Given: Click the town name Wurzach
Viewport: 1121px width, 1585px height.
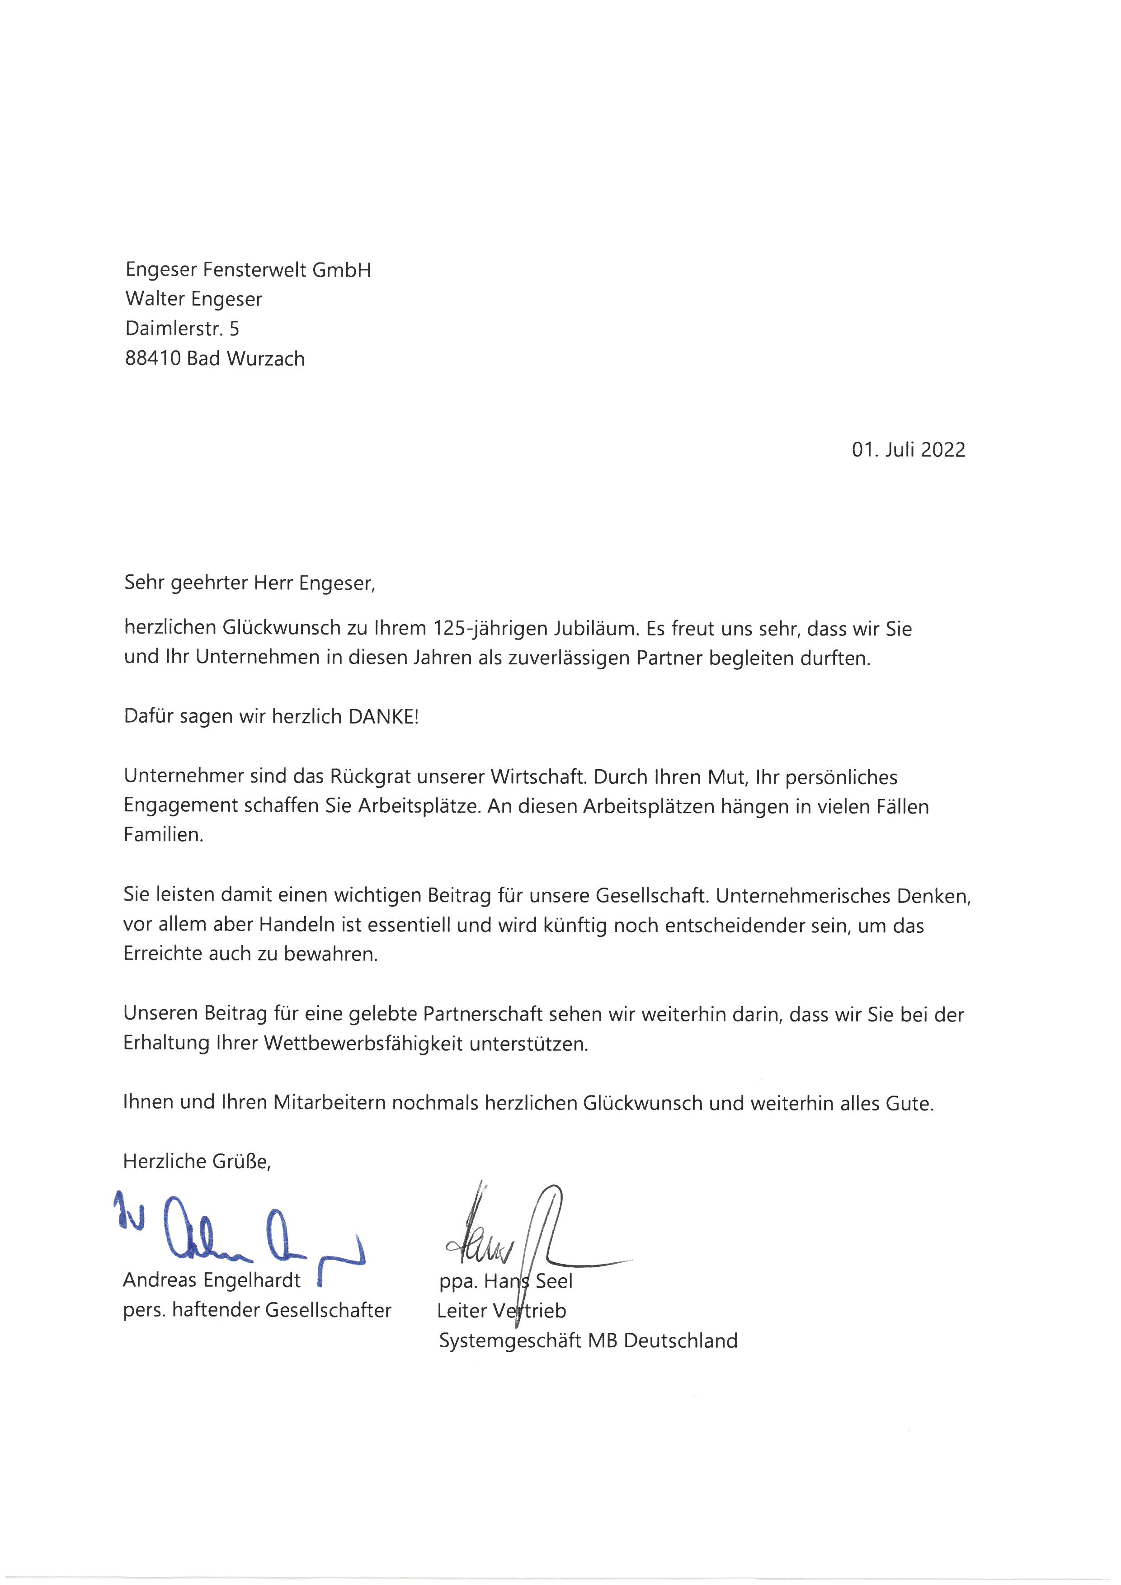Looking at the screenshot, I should [x=266, y=359].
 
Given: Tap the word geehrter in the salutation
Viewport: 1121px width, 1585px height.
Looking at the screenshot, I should [x=209, y=583].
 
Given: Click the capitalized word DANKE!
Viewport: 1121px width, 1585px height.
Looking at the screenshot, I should [x=383, y=716].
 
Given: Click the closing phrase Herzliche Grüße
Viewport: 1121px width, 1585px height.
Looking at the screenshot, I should [x=197, y=1161].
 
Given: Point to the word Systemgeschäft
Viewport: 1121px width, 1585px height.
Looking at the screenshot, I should [x=510, y=1340].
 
